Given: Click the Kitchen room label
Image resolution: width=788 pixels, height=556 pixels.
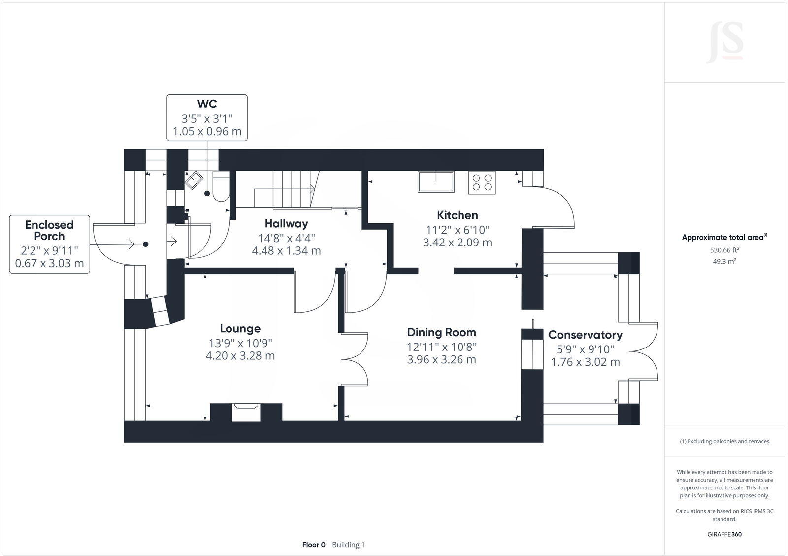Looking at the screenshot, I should (457, 215).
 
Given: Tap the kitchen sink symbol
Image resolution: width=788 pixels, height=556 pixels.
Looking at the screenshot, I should (436, 181).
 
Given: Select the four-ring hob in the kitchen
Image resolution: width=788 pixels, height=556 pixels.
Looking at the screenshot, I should (482, 182).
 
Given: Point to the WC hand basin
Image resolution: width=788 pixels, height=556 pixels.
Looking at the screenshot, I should (193, 180).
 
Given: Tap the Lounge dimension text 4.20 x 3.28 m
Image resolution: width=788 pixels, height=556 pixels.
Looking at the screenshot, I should (240, 356).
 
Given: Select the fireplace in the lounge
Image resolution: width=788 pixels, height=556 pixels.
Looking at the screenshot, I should (246, 412).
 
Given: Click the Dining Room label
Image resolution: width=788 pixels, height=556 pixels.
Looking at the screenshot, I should (441, 332).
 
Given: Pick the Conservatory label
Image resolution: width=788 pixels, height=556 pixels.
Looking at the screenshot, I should (585, 335).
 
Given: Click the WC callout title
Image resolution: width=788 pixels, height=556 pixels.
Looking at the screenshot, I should (207, 104).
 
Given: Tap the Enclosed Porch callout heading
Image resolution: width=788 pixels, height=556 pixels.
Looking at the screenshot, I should (49, 230).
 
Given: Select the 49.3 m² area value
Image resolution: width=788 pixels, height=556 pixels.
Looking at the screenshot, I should (724, 261).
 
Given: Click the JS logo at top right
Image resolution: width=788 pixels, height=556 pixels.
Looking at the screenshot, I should (724, 43).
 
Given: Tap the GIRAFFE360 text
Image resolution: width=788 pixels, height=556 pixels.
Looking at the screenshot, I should (724, 534).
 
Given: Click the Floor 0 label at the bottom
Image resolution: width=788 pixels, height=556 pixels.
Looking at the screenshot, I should (314, 545).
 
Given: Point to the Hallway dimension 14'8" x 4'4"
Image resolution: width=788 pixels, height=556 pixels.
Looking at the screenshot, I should (286, 238).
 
